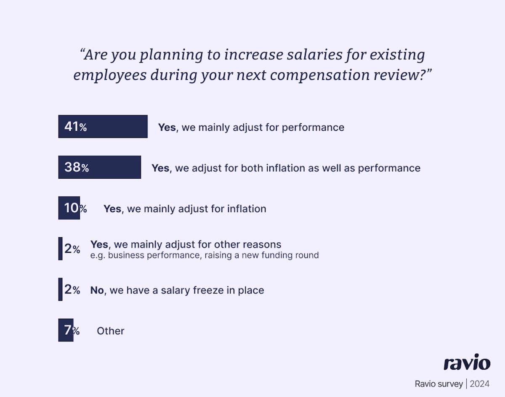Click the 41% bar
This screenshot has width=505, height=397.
click(103, 127)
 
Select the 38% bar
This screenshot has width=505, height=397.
click(99, 167)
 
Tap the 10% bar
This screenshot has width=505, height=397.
click(69, 208)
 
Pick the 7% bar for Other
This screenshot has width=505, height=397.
click(66, 330)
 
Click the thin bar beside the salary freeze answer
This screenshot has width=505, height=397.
click(60, 289)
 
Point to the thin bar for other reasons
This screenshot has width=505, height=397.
click(60, 249)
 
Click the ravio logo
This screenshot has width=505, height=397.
click(467, 363)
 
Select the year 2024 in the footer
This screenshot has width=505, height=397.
click(480, 384)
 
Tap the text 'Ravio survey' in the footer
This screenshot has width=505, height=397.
click(438, 384)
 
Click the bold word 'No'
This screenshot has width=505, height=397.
click(97, 290)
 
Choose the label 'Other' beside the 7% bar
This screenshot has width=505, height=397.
click(111, 331)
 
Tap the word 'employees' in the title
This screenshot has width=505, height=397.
click(110, 75)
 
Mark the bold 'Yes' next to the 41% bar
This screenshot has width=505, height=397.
click(167, 127)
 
